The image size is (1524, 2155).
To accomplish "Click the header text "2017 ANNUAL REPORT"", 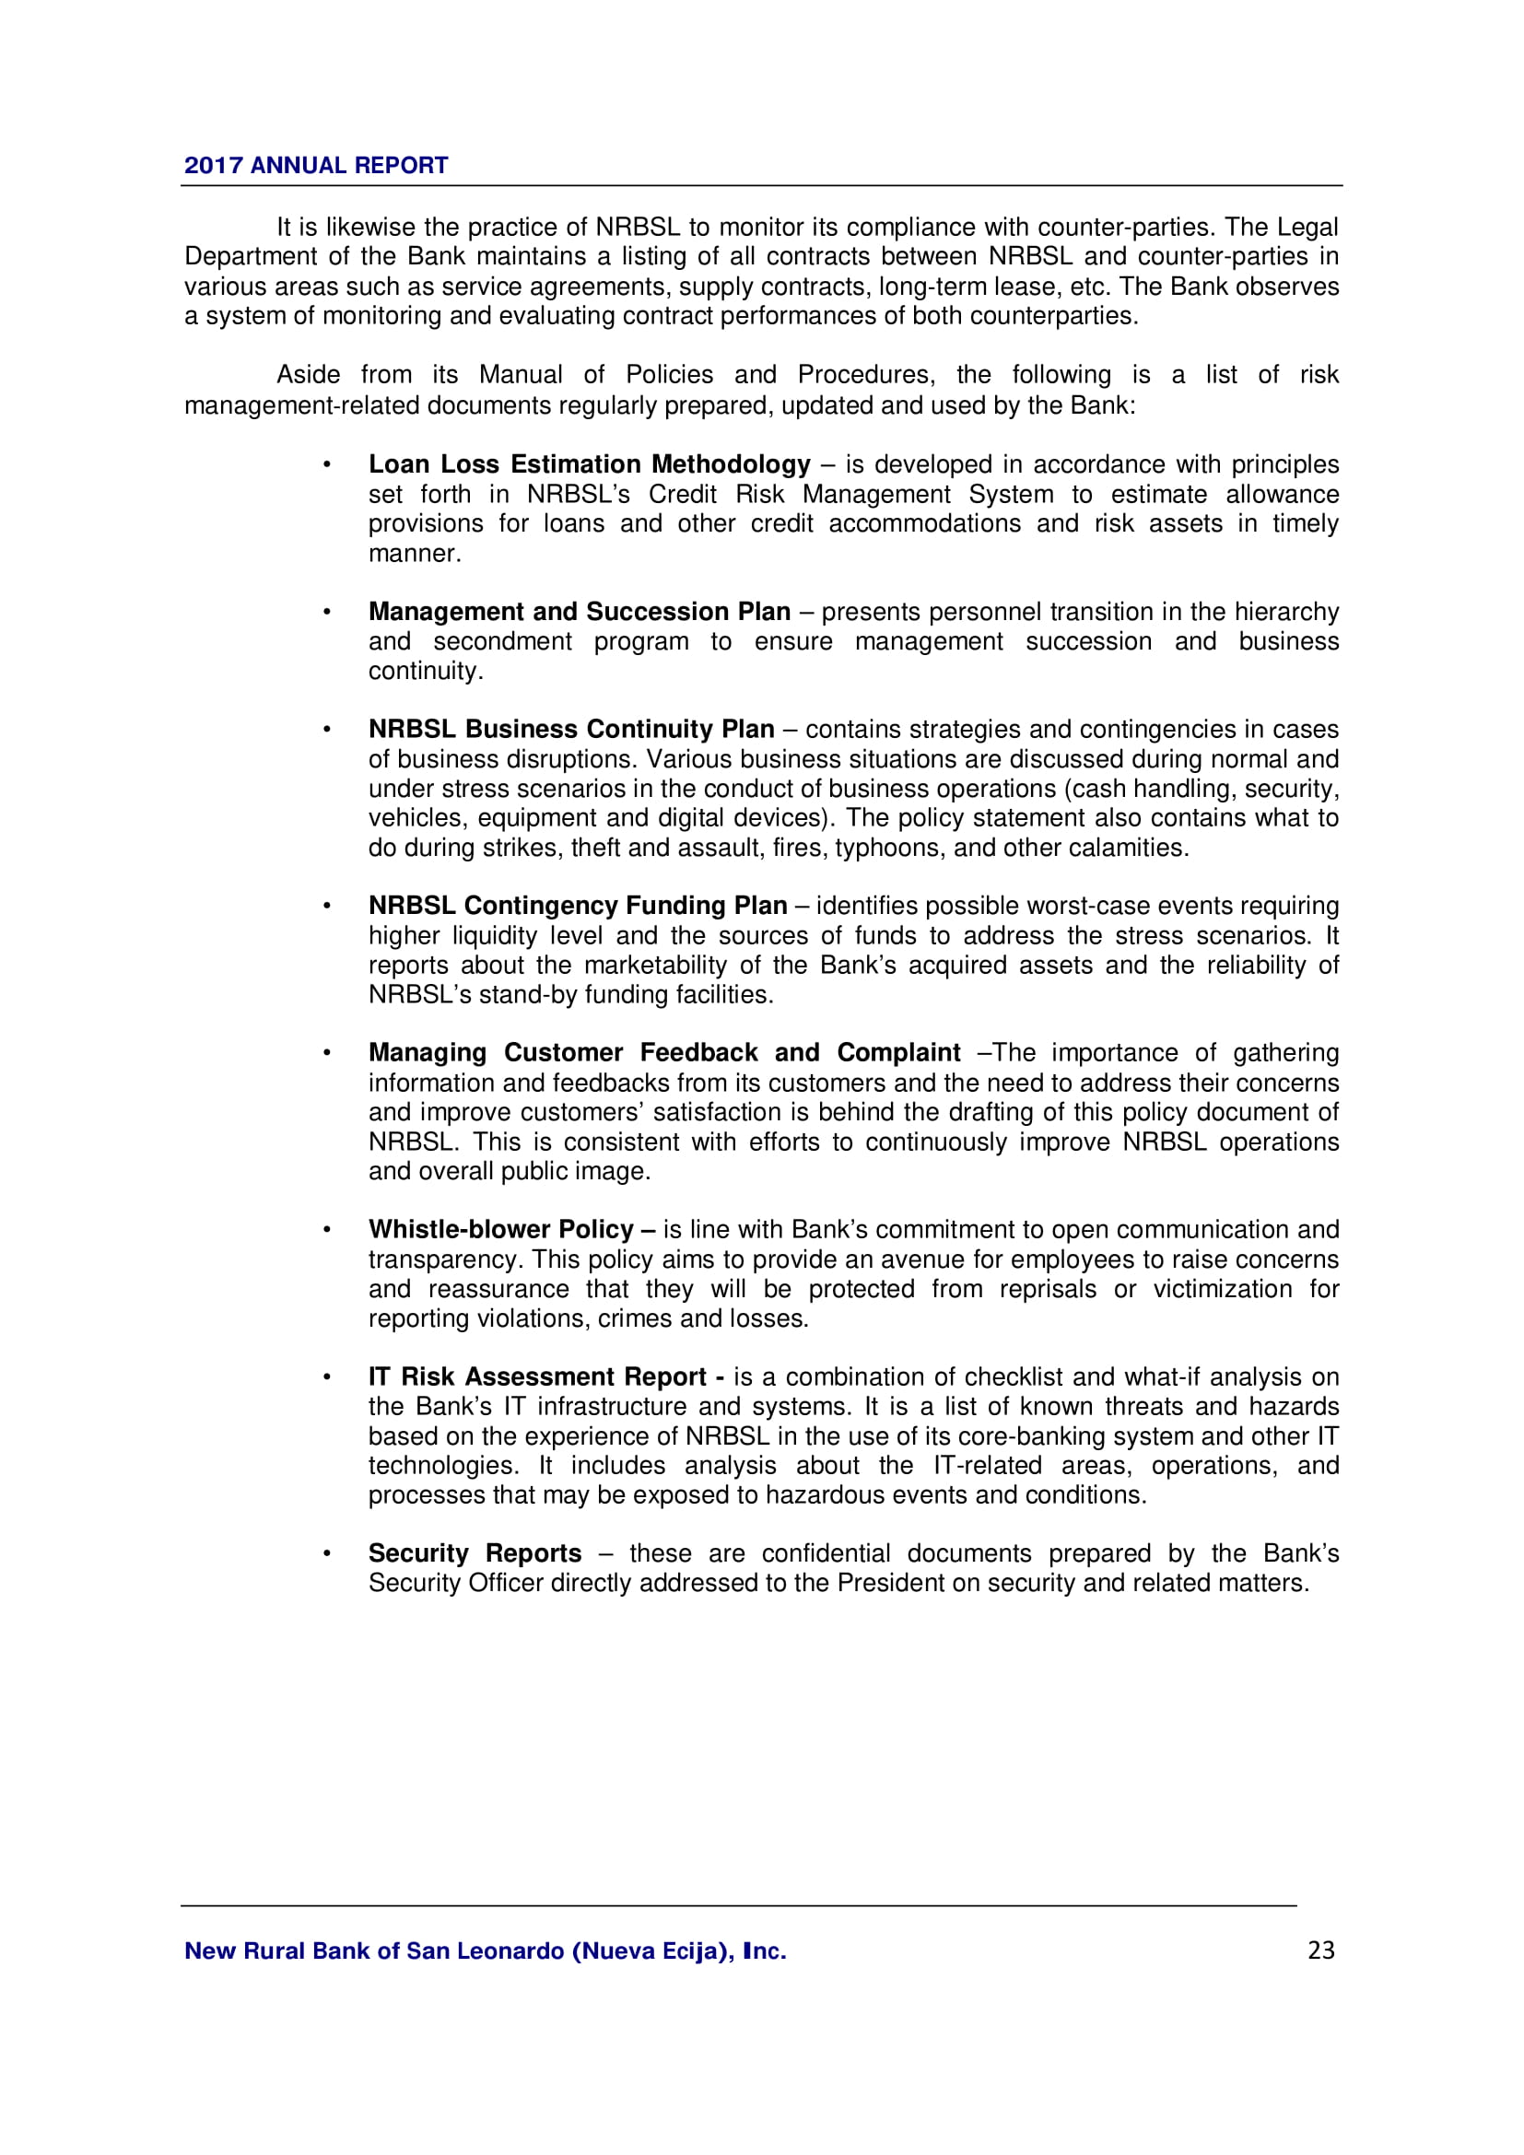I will pyautogui.click(x=315, y=165).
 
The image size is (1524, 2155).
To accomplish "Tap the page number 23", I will pyautogui.click(x=1320, y=1950).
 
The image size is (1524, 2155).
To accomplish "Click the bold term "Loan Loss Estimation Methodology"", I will pyautogui.click(x=589, y=464).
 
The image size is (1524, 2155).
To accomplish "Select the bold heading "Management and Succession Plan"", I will pyautogui.click(x=579, y=612).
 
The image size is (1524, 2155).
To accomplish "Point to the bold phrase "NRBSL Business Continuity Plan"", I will pyautogui.click(x=570, y=730).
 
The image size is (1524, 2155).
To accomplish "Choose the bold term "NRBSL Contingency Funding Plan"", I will pyautogui.click(x=577, y=906).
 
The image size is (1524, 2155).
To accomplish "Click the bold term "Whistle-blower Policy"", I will pyautogui.click(x=501, y=1230).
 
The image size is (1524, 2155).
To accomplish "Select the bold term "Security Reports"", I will pyautogui.click(x=474, y=1553).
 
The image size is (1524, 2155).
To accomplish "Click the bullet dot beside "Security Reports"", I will pyautogui.click(x=326, y=1553).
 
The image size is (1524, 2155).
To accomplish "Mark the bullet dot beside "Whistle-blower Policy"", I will pyautogui.click(x=326, y=1230).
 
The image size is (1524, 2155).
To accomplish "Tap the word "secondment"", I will pyautogui.click(x=502, y=642).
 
